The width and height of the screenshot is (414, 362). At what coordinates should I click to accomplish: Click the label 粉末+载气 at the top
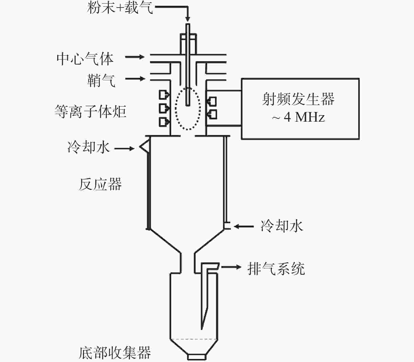[120, 8]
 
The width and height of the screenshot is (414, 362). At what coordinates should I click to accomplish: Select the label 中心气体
[85, 59]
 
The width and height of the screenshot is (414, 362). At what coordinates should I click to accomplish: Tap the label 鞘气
[101, 80]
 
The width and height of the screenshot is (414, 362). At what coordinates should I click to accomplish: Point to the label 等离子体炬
[90, 112]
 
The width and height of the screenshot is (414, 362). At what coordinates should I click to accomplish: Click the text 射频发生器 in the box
[298, 99]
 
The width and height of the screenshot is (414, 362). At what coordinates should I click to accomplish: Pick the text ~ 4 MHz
[298, 117]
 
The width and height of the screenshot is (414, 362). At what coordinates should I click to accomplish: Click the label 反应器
[100, 184]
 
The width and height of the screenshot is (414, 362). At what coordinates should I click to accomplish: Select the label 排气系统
[276, 268]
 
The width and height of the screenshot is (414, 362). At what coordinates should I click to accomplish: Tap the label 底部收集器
[115, 353]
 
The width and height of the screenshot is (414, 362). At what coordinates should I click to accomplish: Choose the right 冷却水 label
[282, 226]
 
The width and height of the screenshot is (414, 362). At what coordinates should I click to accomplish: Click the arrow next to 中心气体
[135, 57]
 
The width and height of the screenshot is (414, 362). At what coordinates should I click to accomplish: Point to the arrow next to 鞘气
[135, 79]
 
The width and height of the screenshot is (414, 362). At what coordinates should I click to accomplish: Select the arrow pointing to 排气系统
[231, 267]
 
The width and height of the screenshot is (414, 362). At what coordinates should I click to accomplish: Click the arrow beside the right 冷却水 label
[244, 226]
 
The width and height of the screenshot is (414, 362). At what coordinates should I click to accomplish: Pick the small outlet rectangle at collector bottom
[196, 357]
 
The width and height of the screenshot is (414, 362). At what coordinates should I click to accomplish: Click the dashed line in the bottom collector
[194, 339]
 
